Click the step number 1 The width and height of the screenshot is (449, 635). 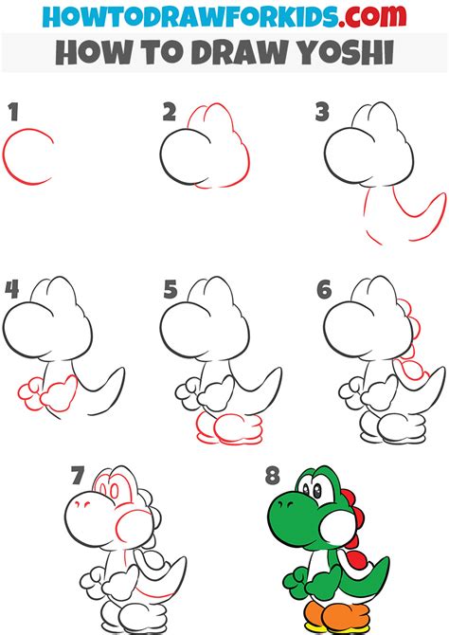tap(12, 113)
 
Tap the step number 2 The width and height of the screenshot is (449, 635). tap(169, 113)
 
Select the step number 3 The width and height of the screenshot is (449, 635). tap(322, 113)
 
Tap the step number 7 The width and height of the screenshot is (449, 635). tap(79, 473)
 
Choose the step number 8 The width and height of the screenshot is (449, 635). tap(274, 473)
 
